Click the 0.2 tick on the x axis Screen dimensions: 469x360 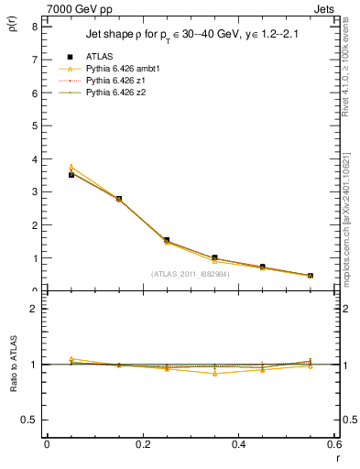pyautogui.click(x=142, y=444)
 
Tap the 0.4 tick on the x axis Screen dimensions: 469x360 pyautogui.click(x=238, y=444)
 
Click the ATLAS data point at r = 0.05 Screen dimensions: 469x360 pyautogui.click(x=71, y=174)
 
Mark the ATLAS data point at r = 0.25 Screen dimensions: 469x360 pyautogui.click(x=167, y=240)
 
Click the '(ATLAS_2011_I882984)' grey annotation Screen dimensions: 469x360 pyautogui.click(x=191, y=274)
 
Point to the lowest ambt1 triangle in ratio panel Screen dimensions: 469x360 pyautogui.click(x=214, y=374)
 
